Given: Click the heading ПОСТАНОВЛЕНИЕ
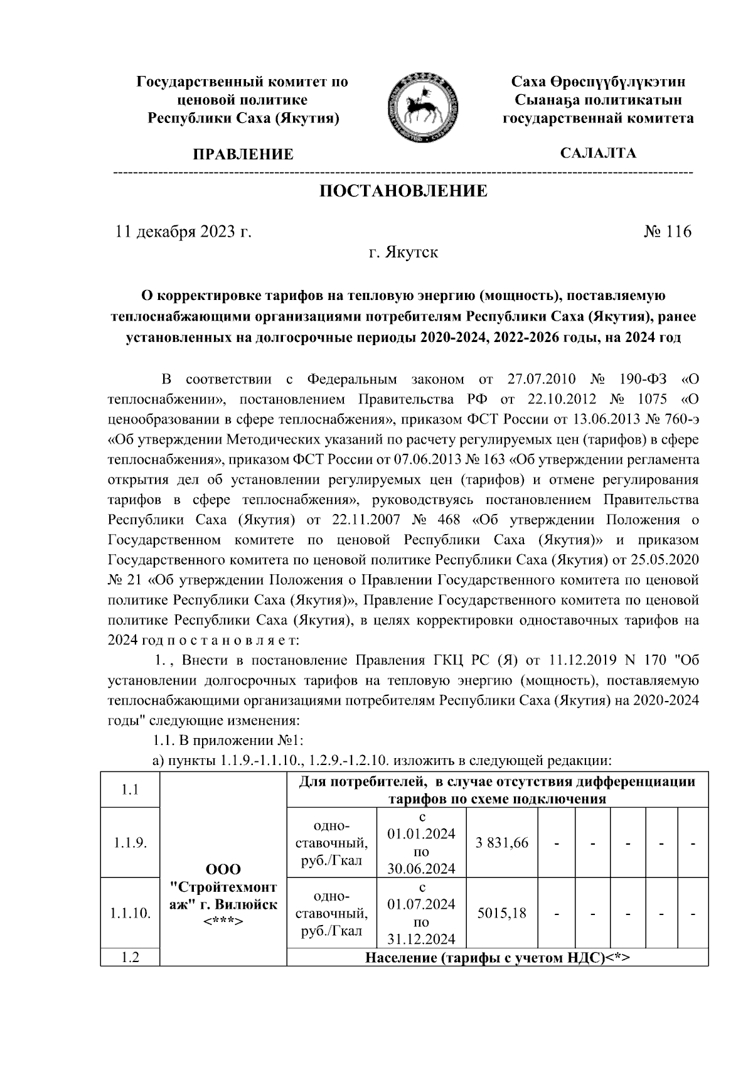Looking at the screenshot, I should pos(403,191).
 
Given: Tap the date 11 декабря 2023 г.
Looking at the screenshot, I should pos(183,232).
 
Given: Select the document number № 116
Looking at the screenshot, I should pos(667,232).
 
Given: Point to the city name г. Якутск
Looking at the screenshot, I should pos(403,253).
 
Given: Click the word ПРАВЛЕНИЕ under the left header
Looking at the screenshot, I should pos(243,154).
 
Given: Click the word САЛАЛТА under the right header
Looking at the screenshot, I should pos(598,153).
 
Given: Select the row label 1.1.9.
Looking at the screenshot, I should pos(131,843).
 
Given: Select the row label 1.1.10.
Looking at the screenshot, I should pos(131,913).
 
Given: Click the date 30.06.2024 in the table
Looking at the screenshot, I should pos(422,869).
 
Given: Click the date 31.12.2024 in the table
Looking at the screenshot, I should pos(422,939).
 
